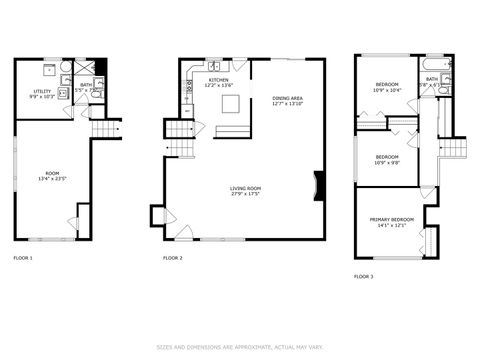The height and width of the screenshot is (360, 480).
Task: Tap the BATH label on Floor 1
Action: pos(86,85)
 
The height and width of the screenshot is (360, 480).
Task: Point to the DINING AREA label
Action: pos(287,98)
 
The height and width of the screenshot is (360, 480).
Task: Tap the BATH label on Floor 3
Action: pos(431,78)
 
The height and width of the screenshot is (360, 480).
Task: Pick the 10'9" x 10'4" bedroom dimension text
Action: pos(387,90)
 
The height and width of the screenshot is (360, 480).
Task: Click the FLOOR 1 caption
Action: pos(22,258)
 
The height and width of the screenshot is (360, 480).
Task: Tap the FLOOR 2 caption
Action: pos(173,258)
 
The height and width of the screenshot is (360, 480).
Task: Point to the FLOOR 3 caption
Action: pos(363,275)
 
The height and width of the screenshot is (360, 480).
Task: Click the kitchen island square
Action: pos(230,103)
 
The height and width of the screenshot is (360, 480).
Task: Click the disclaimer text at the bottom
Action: pos(240,347)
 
